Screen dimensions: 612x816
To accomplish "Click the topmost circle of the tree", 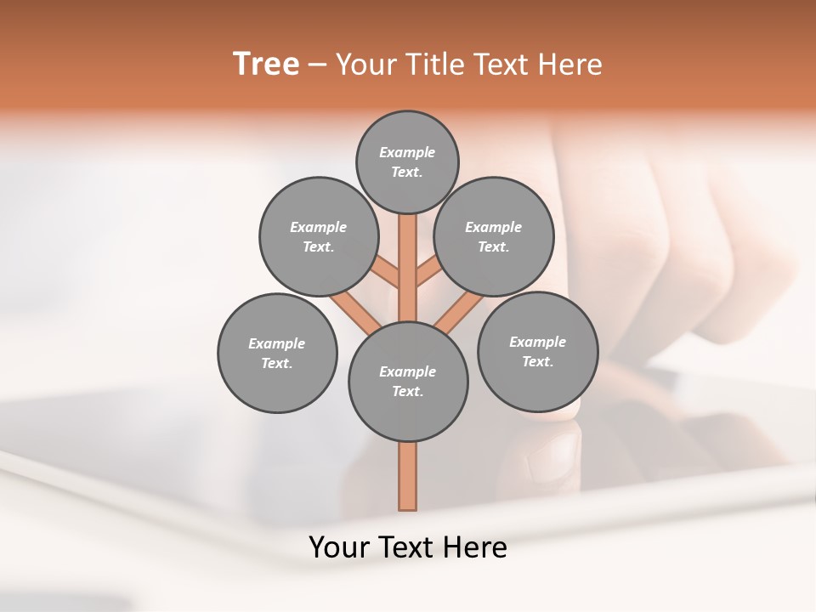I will [x=407, y=161].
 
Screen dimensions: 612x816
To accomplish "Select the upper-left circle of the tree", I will [x=319, y=236].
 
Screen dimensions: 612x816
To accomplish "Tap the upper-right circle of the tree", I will [x=494, y=236].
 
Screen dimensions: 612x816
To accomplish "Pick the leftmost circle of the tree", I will [x=277, y=353].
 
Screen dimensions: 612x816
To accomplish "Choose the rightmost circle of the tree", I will [x=538, y=351].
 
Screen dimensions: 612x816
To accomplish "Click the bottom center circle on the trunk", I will [x=408, y=382].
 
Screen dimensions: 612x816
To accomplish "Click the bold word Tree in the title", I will [x=266, y=65].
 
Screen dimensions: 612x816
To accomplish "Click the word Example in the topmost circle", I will [x=407, y=152].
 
